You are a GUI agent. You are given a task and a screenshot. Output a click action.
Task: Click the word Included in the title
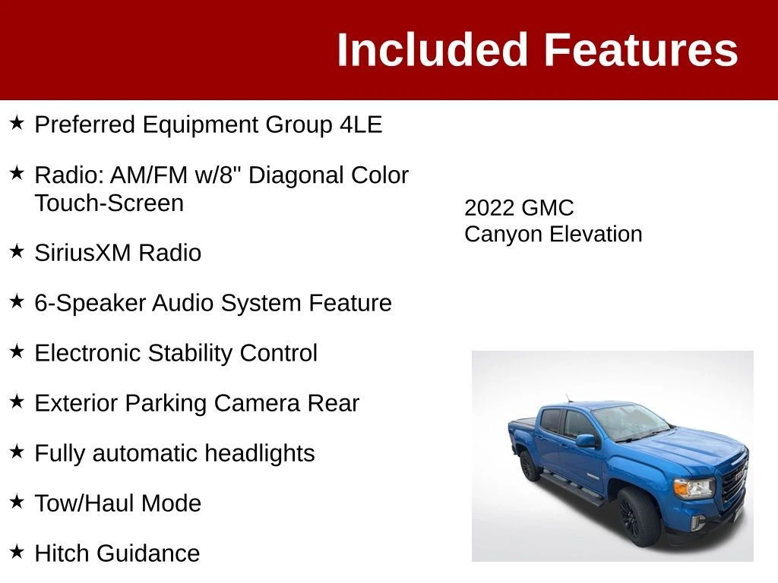432,49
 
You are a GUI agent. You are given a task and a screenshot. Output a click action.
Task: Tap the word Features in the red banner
641,49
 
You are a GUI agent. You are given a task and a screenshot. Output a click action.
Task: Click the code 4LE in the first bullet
361,124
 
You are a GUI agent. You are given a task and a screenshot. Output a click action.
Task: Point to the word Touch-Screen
109,203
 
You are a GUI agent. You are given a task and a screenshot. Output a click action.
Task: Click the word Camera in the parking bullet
257,403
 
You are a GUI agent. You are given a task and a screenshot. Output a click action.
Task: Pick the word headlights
260,453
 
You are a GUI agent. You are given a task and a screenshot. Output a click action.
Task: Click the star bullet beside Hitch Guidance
17,551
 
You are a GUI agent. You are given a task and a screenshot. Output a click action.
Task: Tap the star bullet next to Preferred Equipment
17,122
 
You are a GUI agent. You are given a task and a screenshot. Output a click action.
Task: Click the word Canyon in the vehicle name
503,235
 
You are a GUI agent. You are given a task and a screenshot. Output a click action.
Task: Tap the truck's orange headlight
694,488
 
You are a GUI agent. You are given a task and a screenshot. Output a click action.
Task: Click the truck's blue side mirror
587,440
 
